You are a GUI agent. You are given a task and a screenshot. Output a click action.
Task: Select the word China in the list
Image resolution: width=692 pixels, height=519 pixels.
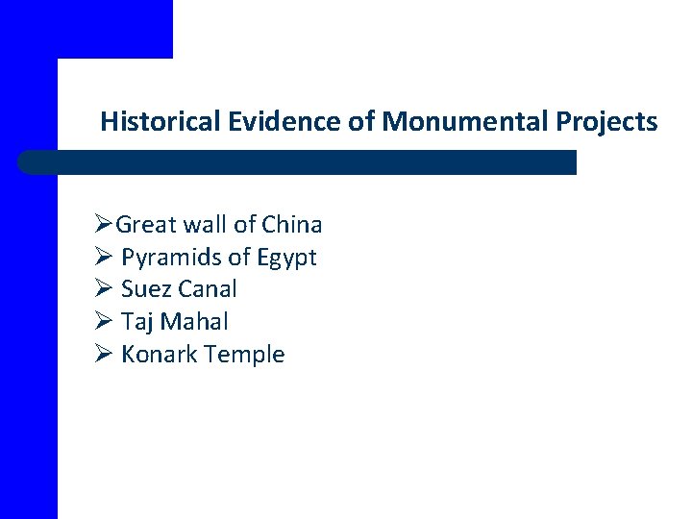pyautogui.click(x=291, y=225)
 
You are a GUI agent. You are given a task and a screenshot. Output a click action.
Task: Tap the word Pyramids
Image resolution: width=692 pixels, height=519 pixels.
pyautogui.click(x=169, y=258)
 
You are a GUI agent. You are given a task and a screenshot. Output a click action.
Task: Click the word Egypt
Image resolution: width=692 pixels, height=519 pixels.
pyautogui.click(x=285, y=258)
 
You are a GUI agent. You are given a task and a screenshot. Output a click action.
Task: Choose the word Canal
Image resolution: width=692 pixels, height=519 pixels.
pyautogui.click(x=208, y=289)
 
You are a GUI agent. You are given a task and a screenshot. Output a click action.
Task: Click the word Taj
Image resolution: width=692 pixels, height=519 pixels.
pyautogui.click(x=139, y=322)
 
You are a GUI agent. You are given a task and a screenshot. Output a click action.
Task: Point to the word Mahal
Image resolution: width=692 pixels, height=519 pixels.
pyautogui.click(x=196, y=322)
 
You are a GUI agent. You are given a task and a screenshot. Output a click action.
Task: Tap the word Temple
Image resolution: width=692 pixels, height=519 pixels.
pyautogui.click(x=245, y=355)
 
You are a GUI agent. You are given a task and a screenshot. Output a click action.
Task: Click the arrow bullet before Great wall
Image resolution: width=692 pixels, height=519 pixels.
pyautogui.click(x=104, y=225)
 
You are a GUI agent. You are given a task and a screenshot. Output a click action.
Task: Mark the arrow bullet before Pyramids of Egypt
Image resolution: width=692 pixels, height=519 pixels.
pyautogui.click(x=104, y=258)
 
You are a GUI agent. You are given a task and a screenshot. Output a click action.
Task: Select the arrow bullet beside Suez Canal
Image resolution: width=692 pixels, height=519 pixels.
pyautogui.click(x=104, y=289)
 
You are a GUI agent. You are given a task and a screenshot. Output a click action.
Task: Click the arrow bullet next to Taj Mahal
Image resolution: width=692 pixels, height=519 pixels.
pyautogui.click(x=104, y=322)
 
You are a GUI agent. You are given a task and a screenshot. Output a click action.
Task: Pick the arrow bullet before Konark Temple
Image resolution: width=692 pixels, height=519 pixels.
pyautogui.click(x=104, y=355)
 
